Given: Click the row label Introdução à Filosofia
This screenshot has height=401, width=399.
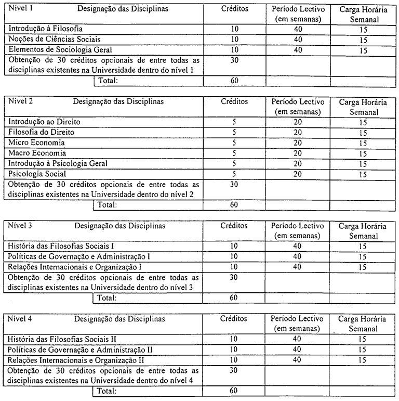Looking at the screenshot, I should (x=45, y=29).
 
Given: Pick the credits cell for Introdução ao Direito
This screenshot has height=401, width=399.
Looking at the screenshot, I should (x=234, y=122).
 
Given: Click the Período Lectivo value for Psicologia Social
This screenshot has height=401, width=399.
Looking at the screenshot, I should (x=297, y=174).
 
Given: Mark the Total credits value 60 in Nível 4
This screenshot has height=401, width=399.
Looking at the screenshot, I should (x=234, y=390).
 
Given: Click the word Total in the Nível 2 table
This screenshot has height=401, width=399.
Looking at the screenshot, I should (x=109, y=204).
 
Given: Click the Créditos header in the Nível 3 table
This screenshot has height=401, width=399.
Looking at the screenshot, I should (x=234, y=226).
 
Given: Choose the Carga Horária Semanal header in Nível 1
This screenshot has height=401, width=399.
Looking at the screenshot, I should (x=363, y=15).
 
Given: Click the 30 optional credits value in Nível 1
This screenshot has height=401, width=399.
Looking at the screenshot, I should (x=234, y=60).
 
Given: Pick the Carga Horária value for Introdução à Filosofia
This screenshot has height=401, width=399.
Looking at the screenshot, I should (x=363, y=30).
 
